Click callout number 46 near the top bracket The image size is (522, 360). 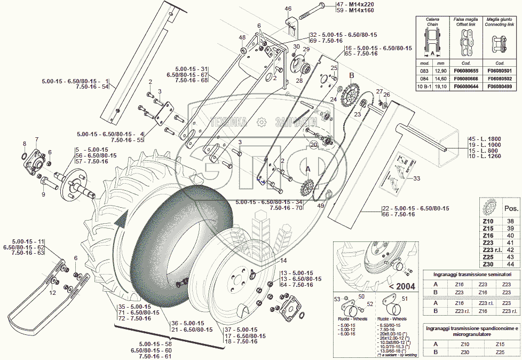288,9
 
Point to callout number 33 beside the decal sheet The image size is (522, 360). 417,178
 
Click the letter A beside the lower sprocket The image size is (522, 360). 308,167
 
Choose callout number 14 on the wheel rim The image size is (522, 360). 283,261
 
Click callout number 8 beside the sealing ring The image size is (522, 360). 24,144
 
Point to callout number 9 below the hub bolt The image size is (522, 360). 44,194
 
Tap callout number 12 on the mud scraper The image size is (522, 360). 52,293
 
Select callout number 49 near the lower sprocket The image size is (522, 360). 321,206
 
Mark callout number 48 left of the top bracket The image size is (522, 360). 242,37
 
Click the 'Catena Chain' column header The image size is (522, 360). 433,21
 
